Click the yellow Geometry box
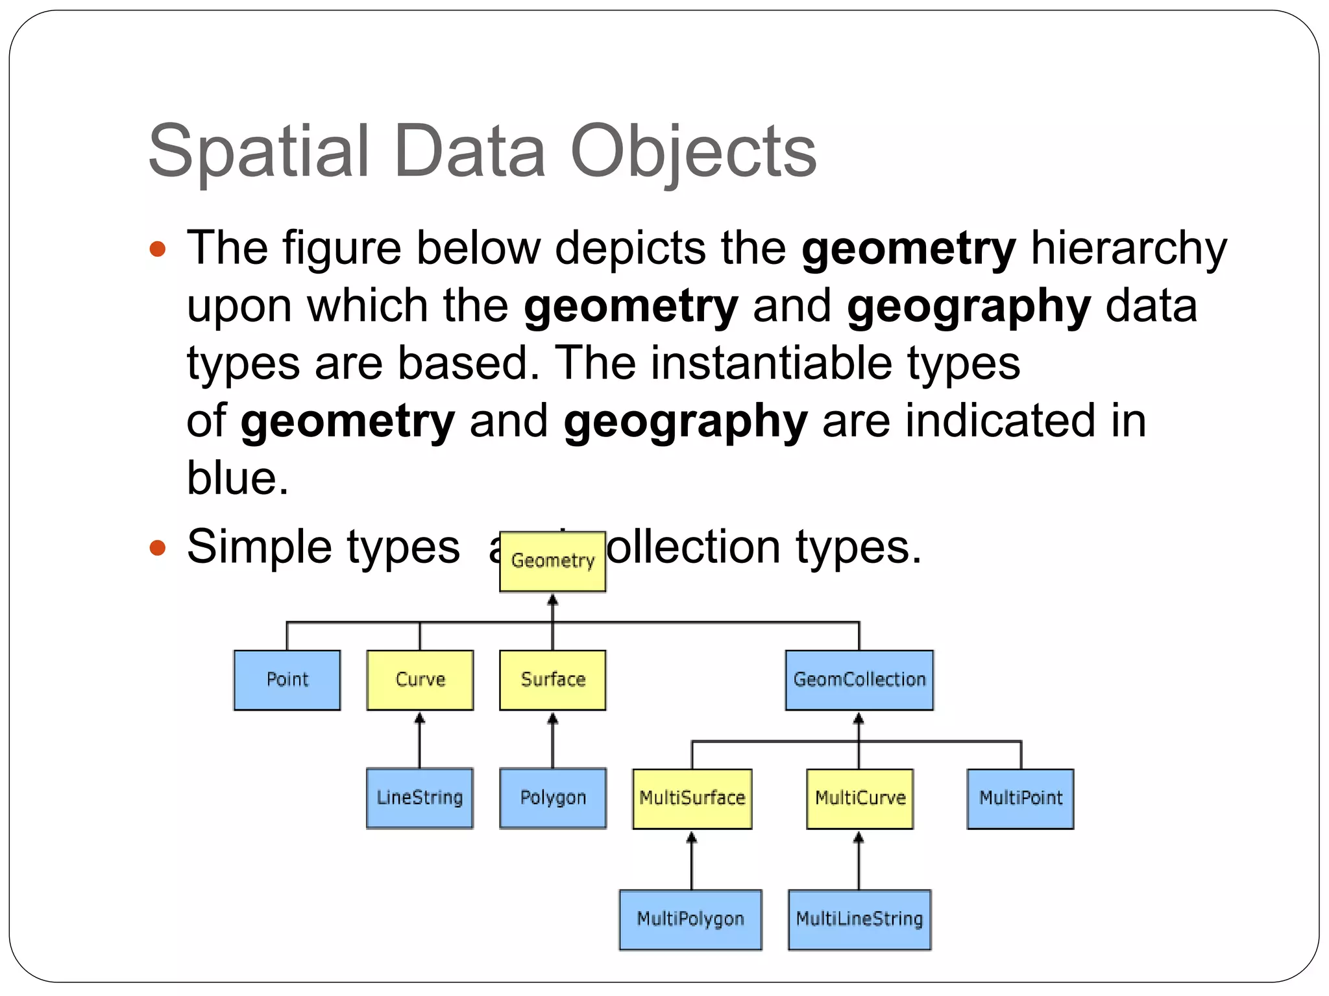[x=552, y=561]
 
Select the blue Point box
[x=287, y=680]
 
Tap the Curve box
[x=420, y=680]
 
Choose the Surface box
[x=552, y=680]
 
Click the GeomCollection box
[x=859, y=680]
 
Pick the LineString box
[x=420, y=798]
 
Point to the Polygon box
[x=552, y=798]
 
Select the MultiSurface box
[x=692, y=798]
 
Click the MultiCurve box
[x=859, y=798]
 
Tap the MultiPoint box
[x=1020, y=798]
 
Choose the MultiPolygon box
[x=690, y=919]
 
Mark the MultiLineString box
[x=859, y=919]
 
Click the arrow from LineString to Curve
[x=420, y=739]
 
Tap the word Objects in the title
[x=692, y=152]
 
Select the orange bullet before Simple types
[x=158, y=548]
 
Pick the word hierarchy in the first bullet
[x=1128, y=248]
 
